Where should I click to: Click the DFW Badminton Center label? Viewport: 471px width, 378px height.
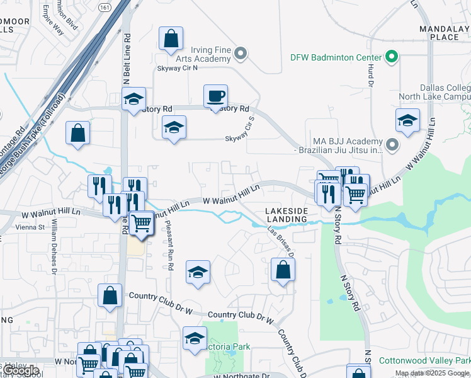point(336,57)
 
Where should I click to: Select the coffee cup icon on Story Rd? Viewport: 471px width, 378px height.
point(215,96)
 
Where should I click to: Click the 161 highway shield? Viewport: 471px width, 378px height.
point(105,6)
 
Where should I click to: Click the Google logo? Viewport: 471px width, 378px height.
point(20,370)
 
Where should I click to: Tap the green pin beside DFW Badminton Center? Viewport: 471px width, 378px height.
point(392,57)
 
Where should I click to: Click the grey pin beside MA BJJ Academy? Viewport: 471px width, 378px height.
point(393,146)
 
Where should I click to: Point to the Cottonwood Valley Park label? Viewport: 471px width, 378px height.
point(424,361)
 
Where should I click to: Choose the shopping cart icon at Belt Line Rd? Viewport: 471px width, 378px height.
point(142,222)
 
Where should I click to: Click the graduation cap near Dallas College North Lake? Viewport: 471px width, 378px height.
point(407,120)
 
